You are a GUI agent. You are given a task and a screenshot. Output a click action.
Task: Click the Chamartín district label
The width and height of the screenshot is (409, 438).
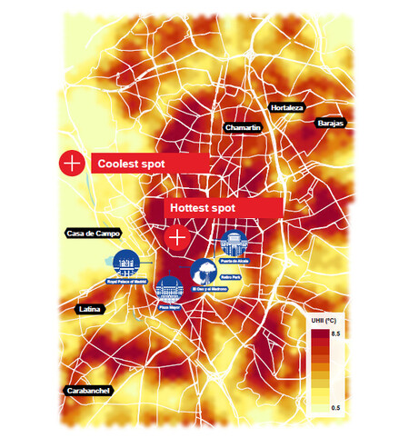pyautogui.click(x=243, y=128)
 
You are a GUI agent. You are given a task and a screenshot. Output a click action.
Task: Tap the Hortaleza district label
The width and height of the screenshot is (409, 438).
pyautogui.click(x=287, y=107)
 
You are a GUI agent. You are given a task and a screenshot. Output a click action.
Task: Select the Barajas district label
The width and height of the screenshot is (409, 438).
pyautogui.click(x=330, y=122)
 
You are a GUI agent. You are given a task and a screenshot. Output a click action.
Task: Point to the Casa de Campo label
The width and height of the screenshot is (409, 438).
pyautogui.click(x=94, y=234)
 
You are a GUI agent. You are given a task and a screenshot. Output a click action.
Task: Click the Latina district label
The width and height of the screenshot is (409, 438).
pyautogui.click(x=90, y=310)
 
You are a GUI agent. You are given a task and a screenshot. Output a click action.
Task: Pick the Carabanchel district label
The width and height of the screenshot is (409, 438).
pyautogui.click(x=89, y=391)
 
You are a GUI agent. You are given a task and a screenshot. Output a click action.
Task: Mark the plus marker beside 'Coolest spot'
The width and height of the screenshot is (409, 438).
pyautogui.click(x=71, y=163)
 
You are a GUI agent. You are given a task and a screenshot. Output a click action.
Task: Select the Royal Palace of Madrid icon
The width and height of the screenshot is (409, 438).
pyautogui.click(x=125, y=264)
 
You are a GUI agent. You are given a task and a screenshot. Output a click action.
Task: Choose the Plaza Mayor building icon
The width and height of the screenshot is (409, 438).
pyautogui.click(x=169, y=288)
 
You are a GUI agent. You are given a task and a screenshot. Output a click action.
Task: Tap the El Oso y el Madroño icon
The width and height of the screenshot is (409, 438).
pyautogui.click(x=204, y=271)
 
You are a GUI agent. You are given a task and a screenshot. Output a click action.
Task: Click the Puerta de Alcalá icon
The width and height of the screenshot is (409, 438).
pyautogui.click(x=234, y=244)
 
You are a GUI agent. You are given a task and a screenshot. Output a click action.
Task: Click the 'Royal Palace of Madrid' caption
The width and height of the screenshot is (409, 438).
pyautogui.click(x=125, y=283)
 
